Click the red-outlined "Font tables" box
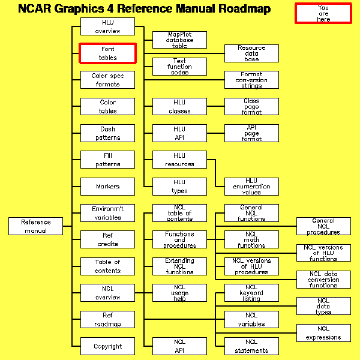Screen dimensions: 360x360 point(107,53)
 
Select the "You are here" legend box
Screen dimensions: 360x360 point(323,13)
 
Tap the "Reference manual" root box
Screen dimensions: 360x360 point(35,226)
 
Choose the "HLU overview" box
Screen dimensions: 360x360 point(107,26)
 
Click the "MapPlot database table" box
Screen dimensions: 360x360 point(179,40)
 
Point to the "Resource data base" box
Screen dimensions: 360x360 point(251,53)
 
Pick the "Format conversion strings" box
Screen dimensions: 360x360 point(251,80)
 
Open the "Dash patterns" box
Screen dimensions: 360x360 point(107,133)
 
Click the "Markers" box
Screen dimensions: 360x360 point(107,186)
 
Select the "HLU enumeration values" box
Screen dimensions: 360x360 point(251,186)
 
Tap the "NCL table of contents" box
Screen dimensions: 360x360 point(179,212)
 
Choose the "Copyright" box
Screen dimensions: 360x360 point(107,346)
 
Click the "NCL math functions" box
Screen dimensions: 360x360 point(251,239)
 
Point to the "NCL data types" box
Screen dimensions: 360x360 point(323,305)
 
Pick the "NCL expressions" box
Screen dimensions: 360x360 point(323,332)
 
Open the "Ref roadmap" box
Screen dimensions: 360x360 point(107,319)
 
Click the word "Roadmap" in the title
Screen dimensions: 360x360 point(238,9)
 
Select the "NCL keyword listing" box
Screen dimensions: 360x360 point(251,293)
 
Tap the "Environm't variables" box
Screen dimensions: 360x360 point(107,213)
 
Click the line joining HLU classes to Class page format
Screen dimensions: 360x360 point(215,107)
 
